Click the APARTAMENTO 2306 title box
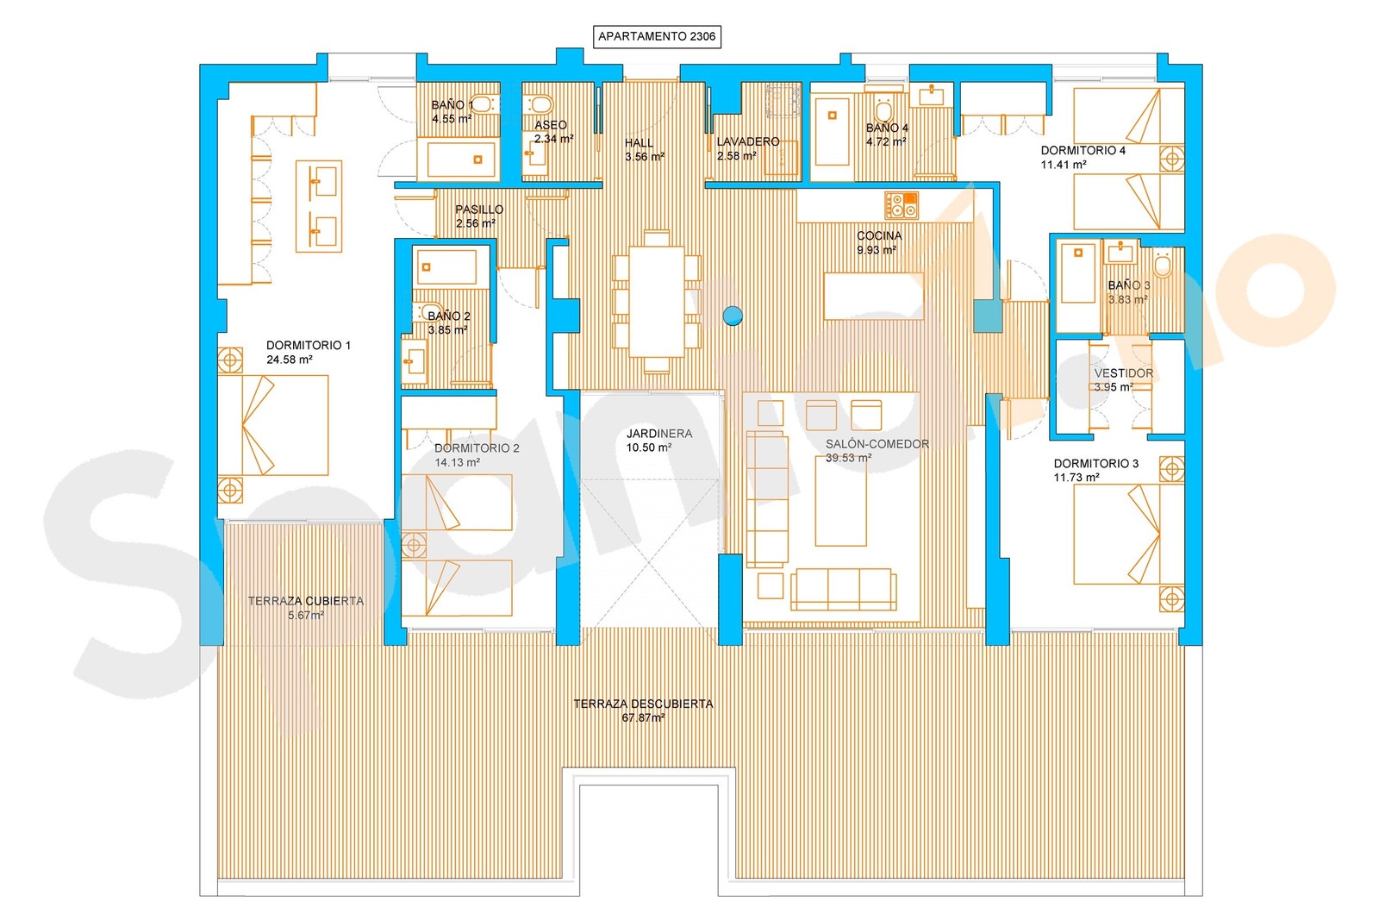coord(656,36)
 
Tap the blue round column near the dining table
coord(732,316)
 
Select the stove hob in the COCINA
coord(902,206)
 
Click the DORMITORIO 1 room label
coord(308,346)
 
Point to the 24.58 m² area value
coord(290,360)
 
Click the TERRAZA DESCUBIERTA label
coord(643,704)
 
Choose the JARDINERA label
coord(659,434)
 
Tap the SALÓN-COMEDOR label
coord(877,444)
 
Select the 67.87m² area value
coord(643,718)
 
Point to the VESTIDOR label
coord(1124,373)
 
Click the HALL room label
coord(639,143)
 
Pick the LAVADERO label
coord(748,141)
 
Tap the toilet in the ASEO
coord(540,104)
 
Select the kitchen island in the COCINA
coord(874,297)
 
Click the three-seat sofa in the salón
coord(843,589)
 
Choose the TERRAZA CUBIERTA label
coord(306,601)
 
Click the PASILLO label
coord(479,210)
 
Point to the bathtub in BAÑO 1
coord(459,160)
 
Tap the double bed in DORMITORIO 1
coord(272,426)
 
